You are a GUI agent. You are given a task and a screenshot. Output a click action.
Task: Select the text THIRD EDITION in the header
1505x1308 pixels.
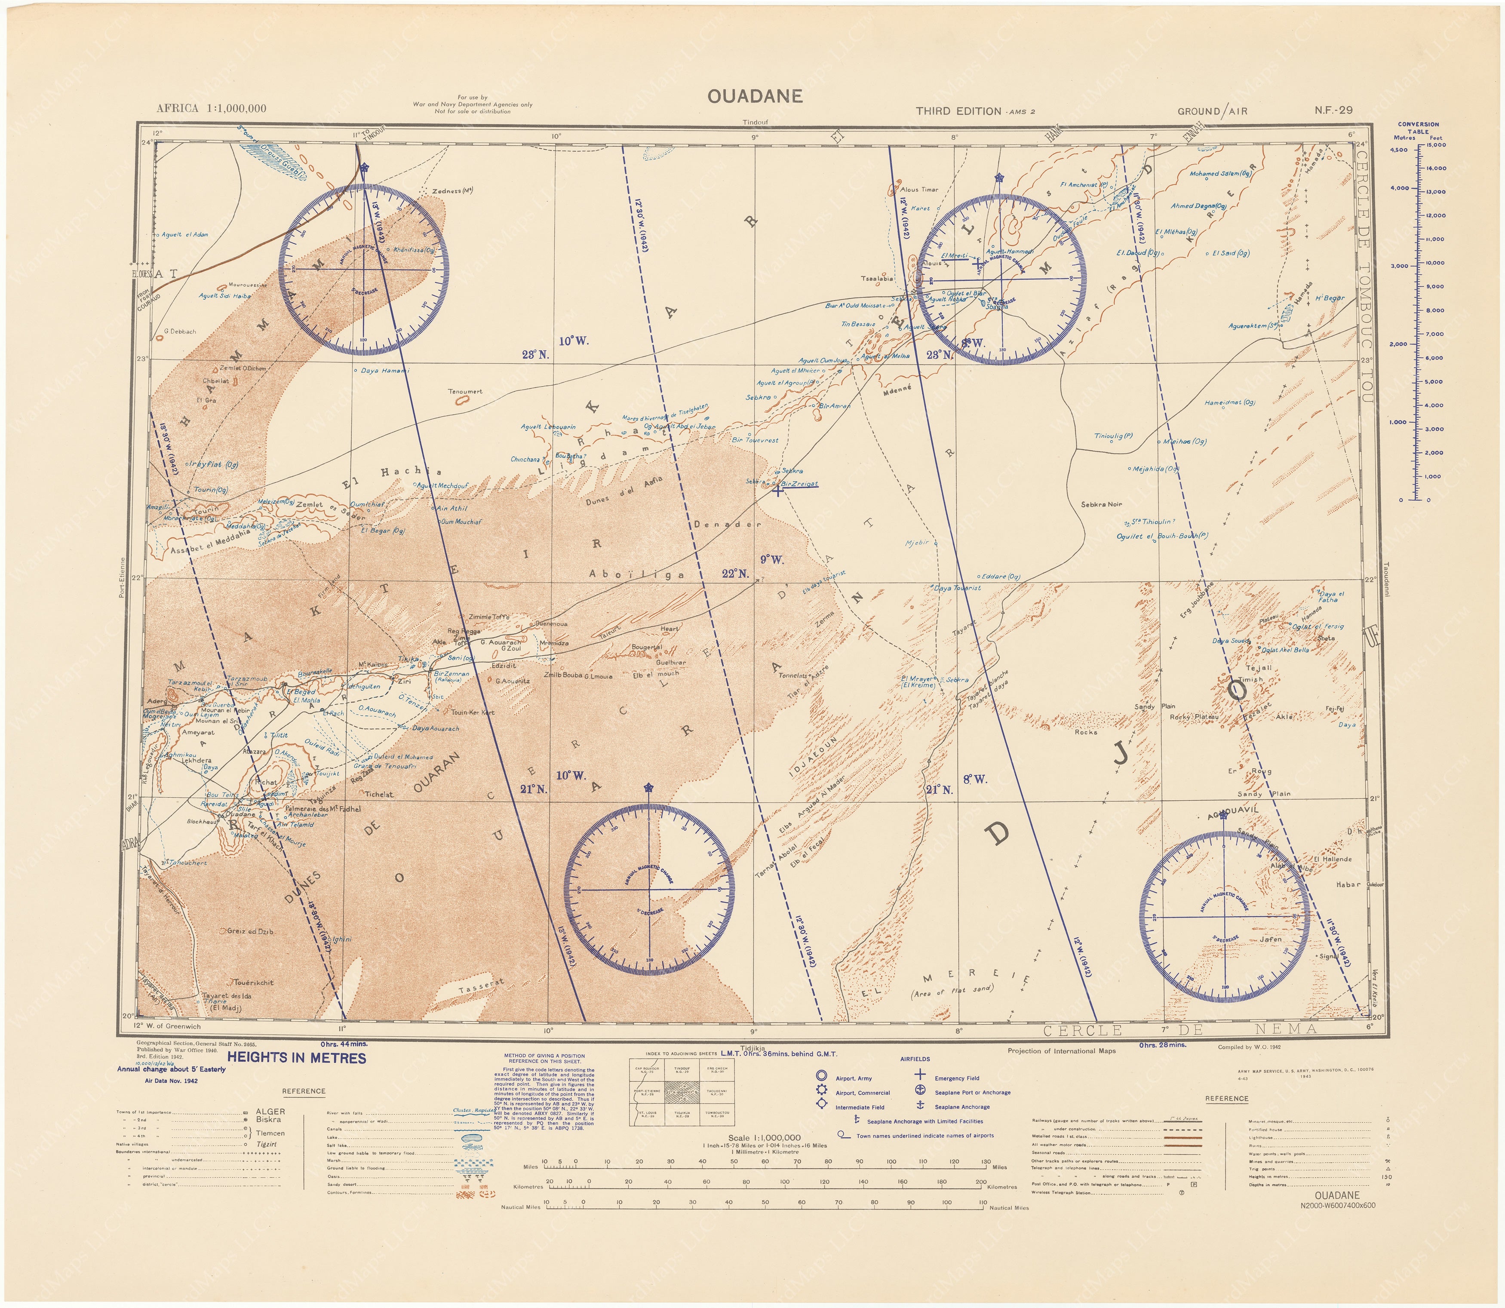tap(958, 111)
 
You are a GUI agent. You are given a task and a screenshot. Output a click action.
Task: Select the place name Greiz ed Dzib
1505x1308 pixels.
tap(250, 931)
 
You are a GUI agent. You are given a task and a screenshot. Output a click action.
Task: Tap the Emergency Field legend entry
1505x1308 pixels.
tap(957, 1078)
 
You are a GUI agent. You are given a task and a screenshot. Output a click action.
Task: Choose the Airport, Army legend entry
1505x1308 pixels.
tap(853, 1078)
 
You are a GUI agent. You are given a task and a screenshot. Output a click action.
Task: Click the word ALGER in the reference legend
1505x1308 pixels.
tap(270, 1111)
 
